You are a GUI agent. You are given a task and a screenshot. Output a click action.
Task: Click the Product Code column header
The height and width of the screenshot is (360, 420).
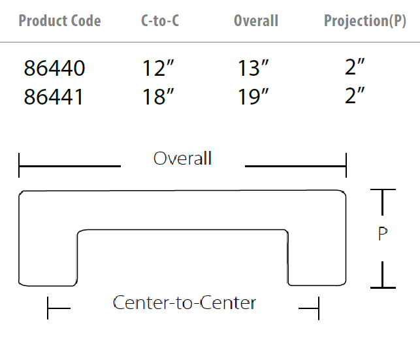(x=59, y=21)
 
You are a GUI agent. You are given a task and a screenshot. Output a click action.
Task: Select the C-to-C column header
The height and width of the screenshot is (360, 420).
(x=160, y=21)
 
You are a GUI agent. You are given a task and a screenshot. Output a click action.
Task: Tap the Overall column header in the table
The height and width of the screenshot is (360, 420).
(x=256, y=21)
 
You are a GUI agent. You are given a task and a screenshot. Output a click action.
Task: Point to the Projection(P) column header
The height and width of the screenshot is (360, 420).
(x=365, y=21)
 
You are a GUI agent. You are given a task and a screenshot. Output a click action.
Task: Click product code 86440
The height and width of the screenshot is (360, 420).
(x=55, y=68)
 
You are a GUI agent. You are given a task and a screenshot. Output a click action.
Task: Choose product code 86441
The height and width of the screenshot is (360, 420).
(x=54, y=97)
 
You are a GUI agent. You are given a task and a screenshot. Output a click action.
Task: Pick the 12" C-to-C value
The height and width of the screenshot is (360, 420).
(x=158, y=68)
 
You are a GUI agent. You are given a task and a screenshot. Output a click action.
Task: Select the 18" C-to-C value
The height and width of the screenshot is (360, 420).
(x=158, y=97)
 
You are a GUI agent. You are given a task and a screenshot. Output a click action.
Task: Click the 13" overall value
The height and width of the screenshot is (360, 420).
(x=253, y=68)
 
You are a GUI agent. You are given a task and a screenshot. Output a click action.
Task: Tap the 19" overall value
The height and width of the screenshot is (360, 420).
(x=253, y=97)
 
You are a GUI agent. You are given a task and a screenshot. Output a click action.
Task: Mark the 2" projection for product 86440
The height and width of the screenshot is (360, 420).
(x=355, y=67)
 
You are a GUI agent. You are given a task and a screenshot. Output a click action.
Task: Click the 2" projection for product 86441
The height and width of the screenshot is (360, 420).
(x=355, y=95)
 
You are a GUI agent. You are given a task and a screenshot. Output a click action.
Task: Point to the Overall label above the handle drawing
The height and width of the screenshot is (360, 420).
(x=183, y=158)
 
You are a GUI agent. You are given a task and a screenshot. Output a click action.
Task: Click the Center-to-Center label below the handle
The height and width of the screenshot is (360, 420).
(x=185, y=303)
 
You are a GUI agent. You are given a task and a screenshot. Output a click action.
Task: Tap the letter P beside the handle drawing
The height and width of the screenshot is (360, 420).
(x=383, y=233)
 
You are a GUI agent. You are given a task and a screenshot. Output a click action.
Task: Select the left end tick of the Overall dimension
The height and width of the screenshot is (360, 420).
(x=19, y=165)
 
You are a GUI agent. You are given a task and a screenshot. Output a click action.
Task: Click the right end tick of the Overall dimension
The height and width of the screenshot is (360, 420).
(x=346, y=165)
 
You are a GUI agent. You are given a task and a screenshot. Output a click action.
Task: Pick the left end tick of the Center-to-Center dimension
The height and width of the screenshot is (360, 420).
(x=48, y=308)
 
